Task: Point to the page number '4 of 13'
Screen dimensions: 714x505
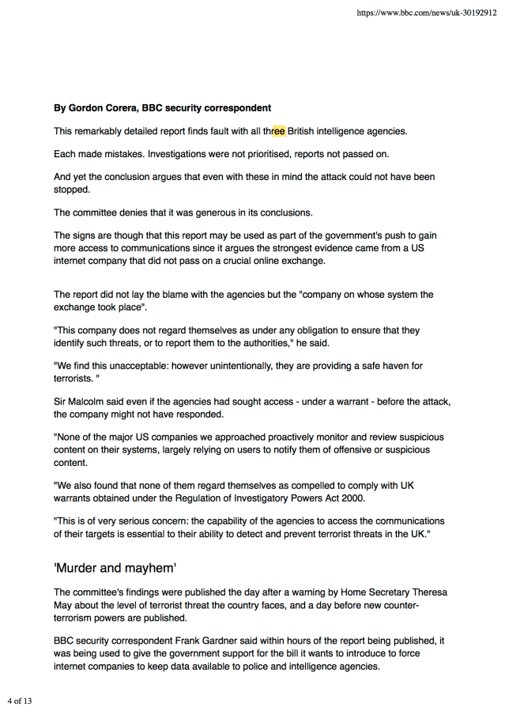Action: click(20, 701)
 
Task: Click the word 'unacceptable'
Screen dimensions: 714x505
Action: click(141, 366)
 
